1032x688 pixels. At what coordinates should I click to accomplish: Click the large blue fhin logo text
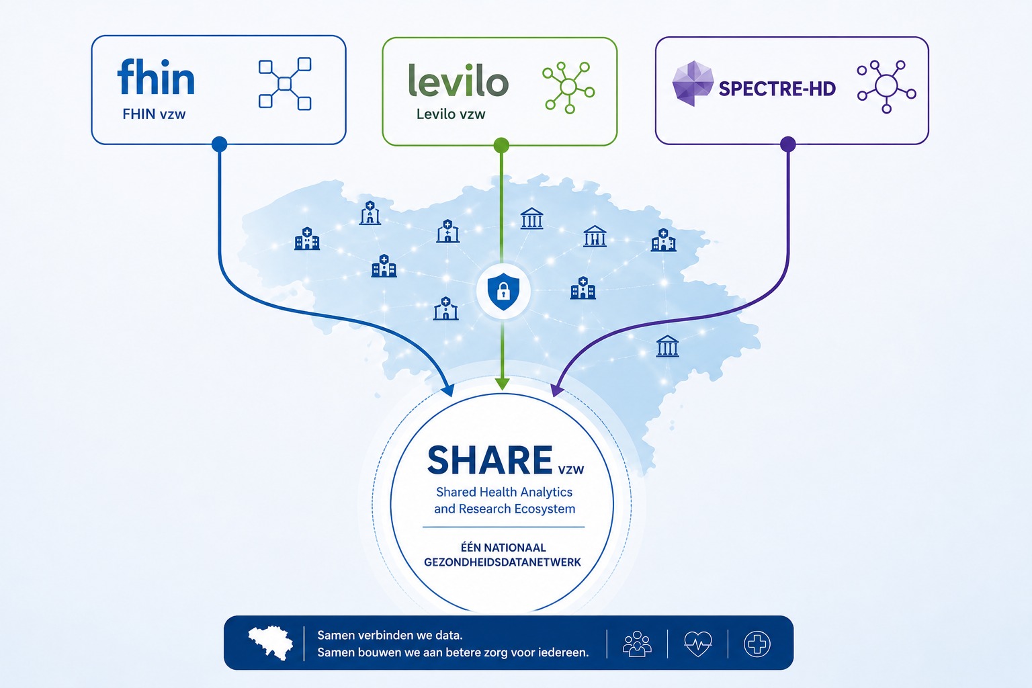pyautogui.click(x=156, y=77)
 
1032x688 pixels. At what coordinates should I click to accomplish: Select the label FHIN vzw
pyautogui.click(x=154, y=114)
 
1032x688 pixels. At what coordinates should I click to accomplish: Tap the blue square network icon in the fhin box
pyautogui.click(x=285, y=83)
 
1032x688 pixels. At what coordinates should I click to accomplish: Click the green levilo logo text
pyautogui.click(x=458, y=81)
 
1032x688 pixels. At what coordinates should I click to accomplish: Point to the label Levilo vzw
pyautogui.click(x=451, y=114)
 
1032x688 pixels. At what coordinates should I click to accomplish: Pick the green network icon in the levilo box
pyautogui.click(x=568, y=87)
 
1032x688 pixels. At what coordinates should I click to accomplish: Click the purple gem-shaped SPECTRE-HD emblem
pyautogui.click(x=693, y=83)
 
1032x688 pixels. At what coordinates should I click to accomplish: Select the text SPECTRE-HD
pyautogui.click(x=777, y=89)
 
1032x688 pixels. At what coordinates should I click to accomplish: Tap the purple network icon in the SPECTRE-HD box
pyautogui.click(x=886, y=87)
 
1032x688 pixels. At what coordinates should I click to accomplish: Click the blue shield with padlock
pyautogui.click(x=503, y=292)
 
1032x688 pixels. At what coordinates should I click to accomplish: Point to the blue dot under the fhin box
pyautogui.click(x=219, y=144)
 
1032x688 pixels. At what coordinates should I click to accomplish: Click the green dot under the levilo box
pyautogui.click(x=501, y=145)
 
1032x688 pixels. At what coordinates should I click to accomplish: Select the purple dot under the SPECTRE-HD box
pyautogui.click(x=788, y=144)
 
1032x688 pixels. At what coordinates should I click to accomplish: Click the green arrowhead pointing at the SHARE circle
pyautogui.click(x=502, y=384)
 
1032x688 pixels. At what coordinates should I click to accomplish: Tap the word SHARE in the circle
pyautogui.click(x=490, y=460)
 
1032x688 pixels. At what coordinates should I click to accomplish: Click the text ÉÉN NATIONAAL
pyautogui.click(x=503, y=548)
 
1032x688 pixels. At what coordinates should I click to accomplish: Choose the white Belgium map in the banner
pyautogui.click(x=271, y=642)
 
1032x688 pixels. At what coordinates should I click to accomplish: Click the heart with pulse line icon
pyautogui.click(x=698, y=643)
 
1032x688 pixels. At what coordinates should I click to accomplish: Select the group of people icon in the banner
pyautogui.click(x=637, y=643)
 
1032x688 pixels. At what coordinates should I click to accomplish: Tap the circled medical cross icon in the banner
pyautogui.click(x=757, y=644)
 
